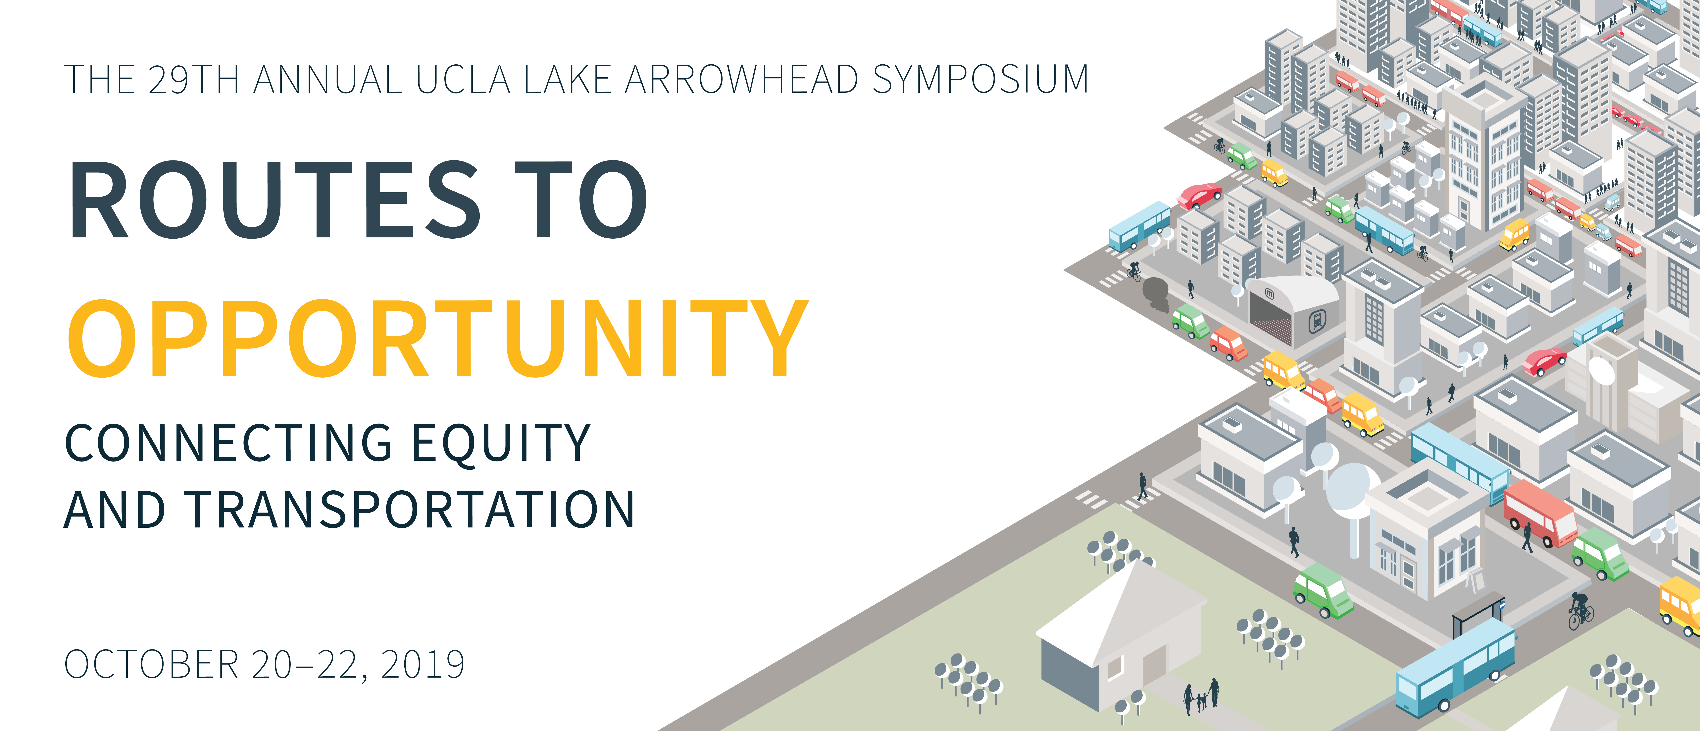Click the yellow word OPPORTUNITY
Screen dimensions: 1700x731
pyautogui.click(x=437, y=338)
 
